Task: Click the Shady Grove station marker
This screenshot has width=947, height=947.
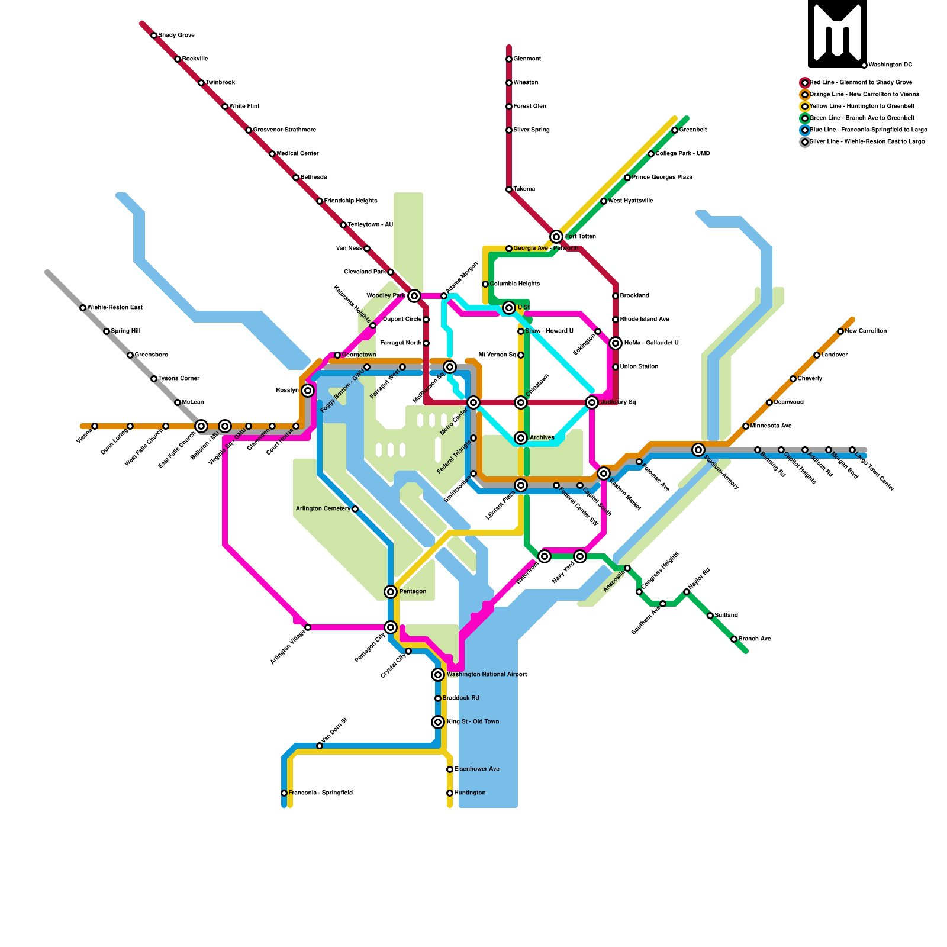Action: pos(154,36)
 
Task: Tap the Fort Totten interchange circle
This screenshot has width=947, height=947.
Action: pos(556,237)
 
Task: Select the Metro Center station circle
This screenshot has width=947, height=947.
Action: pos(474,402)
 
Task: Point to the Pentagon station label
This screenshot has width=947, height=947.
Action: pos(413,592)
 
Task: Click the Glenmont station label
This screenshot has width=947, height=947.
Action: pos(527,59)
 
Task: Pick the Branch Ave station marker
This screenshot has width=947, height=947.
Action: pos(734,639)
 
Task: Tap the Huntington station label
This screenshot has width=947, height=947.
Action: pos(470,793)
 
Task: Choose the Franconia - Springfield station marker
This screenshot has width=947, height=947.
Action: pos(284,793)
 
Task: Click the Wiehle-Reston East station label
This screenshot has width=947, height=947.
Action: pos(115,308)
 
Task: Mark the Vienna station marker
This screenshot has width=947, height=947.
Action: pos(95,426)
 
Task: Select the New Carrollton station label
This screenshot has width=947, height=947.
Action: pos(866,331)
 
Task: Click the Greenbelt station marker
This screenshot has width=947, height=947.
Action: pos(675,130)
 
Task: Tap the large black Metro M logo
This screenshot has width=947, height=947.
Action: pos(838,34)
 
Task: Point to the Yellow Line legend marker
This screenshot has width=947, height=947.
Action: pos(805,107)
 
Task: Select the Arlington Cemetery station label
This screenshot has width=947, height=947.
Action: pos(323,509)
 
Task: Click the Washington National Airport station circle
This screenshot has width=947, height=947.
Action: pos(438,675)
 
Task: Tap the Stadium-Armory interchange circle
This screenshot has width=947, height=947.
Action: pos(698,450)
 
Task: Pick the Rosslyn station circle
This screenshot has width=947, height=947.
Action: pos(308,391)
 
